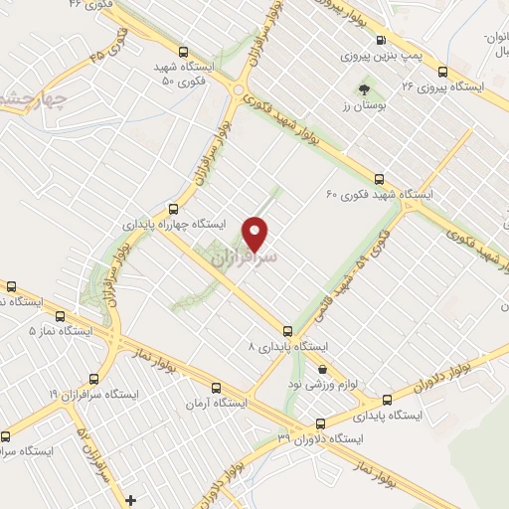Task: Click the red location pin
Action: pos(257,233)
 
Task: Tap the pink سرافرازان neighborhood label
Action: pos(244,255)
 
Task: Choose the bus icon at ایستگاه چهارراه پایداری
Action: pos(174,209)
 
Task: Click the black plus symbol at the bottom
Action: pos(129,497)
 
